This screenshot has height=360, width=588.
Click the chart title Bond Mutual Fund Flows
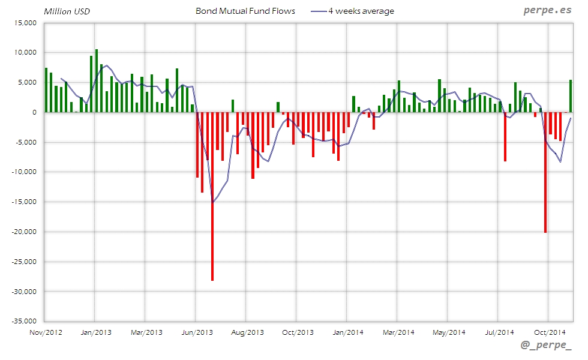click(x=245, y=11)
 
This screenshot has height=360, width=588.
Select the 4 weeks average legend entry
click(x=353, y=11)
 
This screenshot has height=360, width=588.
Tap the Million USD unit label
click(x=67, y=11)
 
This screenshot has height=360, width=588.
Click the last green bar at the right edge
click(x=571, y=96)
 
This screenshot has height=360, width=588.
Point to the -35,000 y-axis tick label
click(x=25, y=322)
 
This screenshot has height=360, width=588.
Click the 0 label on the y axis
click(x=35, y=112)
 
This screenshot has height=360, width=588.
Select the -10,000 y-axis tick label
click(x=25, y=172)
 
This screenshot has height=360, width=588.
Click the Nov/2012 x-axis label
click(x=46, y=332)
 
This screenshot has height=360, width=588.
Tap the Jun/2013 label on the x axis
click(x=197, y=332)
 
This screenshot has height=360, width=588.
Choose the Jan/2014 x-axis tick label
click(x=348, y=332)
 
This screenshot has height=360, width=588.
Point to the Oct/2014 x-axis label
click(x=550, y=332)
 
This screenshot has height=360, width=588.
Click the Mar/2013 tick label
click(x=146, y=332)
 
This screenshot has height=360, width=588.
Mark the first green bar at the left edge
click(x=46, y=90)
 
